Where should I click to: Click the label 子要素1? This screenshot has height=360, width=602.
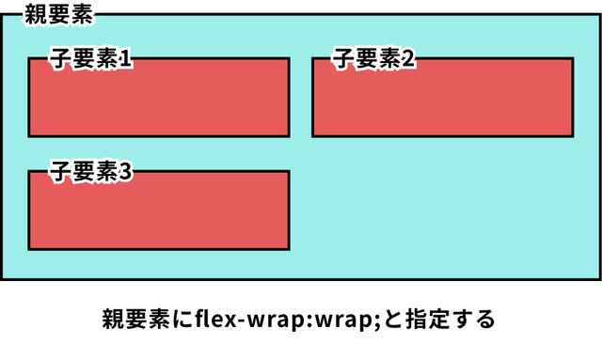pyautogui.click(x=90, y=58)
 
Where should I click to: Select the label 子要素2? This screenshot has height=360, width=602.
pyautogui.click(x=373, y=58)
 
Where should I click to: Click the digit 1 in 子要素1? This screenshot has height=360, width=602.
pyautogui.click(x=124, y=58)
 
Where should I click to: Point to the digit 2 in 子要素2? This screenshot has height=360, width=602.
pyautogui.click(x=408, y=58)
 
